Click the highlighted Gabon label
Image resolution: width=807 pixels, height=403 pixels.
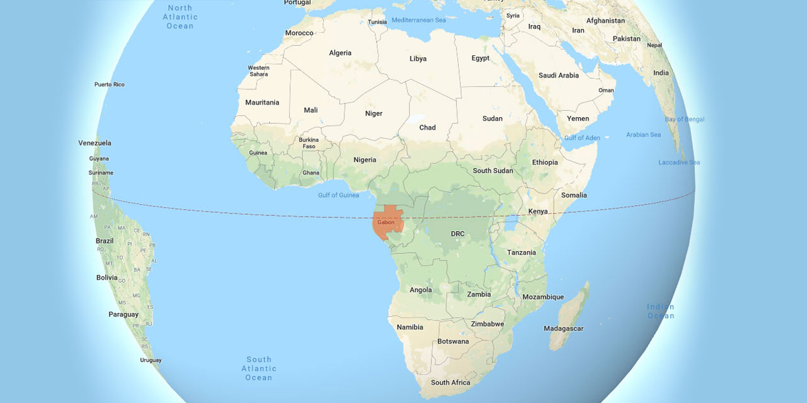[x=386, y=222]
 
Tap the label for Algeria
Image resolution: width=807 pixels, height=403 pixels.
[x=340, y=53]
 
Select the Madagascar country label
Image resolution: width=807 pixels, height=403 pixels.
[x=564, y=329]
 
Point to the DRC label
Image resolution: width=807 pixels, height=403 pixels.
[x=457, y=234]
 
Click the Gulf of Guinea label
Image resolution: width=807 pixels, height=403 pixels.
[x=339, y=195]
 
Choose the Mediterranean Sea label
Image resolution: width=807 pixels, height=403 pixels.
[x=418, y=20]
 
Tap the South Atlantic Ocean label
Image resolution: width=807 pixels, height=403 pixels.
[x=258, y=368]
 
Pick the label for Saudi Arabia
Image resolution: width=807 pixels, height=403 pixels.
[x=558, y=76]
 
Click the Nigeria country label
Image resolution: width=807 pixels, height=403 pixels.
[x=364, y=160]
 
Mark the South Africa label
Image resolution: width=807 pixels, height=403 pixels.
[x=450, y=382]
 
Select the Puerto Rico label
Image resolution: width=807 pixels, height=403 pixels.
[x=110, y=84]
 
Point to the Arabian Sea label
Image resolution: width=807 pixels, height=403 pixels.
[x=643, y=135]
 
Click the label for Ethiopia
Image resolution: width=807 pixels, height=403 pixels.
[x=545, y=162]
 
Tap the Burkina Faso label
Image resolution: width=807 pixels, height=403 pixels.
[x=309, y=143]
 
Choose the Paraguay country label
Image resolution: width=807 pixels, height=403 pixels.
[x=123, y=314]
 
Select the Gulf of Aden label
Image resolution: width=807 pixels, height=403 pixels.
[x=582, y=138]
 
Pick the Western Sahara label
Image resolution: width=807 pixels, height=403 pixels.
[x=258, y=71]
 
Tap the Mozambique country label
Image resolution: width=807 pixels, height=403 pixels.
[x=543, y=297]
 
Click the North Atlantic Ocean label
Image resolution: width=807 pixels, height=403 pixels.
[x=180, y=17]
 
